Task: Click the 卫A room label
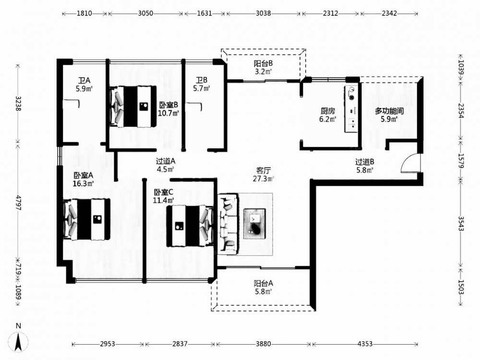pos(84,81)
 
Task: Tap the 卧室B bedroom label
pos(168,105)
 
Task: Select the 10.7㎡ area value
pos(168,113)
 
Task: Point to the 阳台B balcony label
pos(263,64)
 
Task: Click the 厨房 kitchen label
pos(327,111)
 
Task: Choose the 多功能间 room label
pos(389,111)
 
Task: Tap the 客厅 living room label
pos(263,170)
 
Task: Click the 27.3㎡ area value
pos(263,179)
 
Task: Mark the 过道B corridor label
pos(365,162)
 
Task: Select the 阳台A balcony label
pos(263,284)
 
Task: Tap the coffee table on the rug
pos(254,224)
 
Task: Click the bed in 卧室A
pos(86,219)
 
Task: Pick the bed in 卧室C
pos(190,226)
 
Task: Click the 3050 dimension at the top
pos(145,13)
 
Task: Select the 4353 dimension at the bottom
pos(365,344)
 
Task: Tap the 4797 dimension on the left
pos(18,203)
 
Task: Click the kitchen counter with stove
pos(351,109)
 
